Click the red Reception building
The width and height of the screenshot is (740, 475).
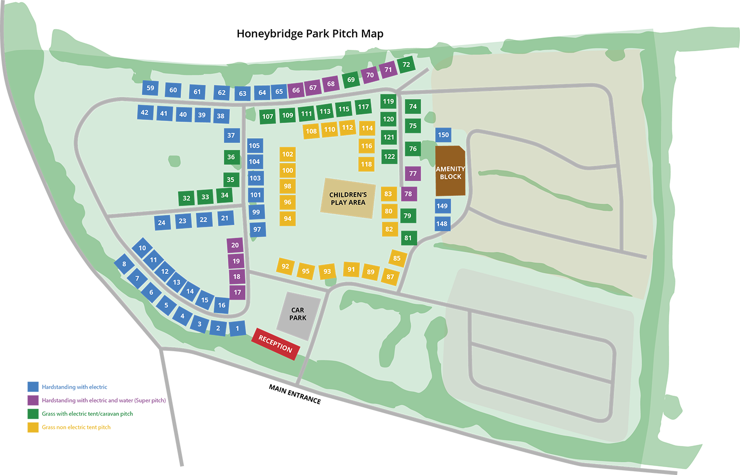pos(275,344)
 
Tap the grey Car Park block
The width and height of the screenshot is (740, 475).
pos(298,315)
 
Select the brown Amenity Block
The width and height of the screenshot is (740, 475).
pos(450,171)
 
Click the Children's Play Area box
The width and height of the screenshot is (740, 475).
pos(348,198)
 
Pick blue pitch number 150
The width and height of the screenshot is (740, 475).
pos(443,135)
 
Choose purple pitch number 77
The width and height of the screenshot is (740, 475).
pos(413,173)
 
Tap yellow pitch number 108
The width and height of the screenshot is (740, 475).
pos(311,131)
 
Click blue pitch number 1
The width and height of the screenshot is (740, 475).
pos(237,328)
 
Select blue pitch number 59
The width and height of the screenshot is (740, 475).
pos(151,88)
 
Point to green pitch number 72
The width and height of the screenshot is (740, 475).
pos(406,65)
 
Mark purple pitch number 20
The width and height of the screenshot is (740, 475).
pos(235,245)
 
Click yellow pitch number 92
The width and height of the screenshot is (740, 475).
pos(285,266)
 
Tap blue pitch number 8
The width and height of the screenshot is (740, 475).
pos(124,264)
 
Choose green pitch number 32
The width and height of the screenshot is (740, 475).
pos(187,198)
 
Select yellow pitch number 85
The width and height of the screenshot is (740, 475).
pos(397,258)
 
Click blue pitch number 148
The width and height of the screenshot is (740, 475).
pos(442,224)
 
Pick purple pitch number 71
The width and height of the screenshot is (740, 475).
pos(388,70)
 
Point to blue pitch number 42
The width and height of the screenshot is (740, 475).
pos(144,112)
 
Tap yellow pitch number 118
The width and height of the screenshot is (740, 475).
pos(366,164)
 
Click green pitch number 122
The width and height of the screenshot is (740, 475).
pos(390,157)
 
